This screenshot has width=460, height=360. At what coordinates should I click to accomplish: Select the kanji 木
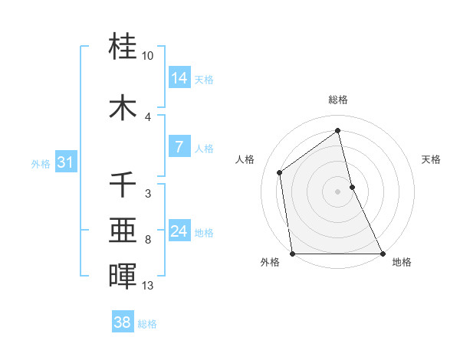(x=123, y=106)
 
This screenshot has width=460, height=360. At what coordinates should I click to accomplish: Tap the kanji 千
(x=123, y=185)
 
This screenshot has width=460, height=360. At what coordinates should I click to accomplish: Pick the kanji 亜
(x=123, y=231)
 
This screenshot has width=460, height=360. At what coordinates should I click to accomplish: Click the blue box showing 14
(x=179, y=77)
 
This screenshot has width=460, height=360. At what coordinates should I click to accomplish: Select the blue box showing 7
(x=179, y=147)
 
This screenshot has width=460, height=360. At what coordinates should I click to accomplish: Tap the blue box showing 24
(x=179, y=231)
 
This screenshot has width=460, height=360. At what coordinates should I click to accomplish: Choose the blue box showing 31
(x=66, y=162)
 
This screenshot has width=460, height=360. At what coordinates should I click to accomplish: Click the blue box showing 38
(x=123, y=322)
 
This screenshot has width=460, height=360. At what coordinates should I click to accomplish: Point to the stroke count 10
(x=148, y=56)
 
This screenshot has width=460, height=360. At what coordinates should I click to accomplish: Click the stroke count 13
(x=148, y=286)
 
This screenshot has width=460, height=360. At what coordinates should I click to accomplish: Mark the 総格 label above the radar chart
(x=338, y=100)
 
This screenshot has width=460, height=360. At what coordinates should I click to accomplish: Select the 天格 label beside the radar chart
(x=432, y=159)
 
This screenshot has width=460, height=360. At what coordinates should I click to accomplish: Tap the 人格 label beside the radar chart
(x=245, y=159)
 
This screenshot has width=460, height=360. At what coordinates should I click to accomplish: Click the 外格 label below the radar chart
(x=270, y=263)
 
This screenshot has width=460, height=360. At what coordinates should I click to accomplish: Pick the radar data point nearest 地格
(x=383, y=253)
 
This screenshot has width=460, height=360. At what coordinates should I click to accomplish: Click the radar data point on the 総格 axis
(x=338, y=131)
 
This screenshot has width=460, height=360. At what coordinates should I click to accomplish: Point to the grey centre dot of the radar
(x=338, y=191)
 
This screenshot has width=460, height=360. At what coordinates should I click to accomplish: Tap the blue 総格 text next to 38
(x=147, y=324)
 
